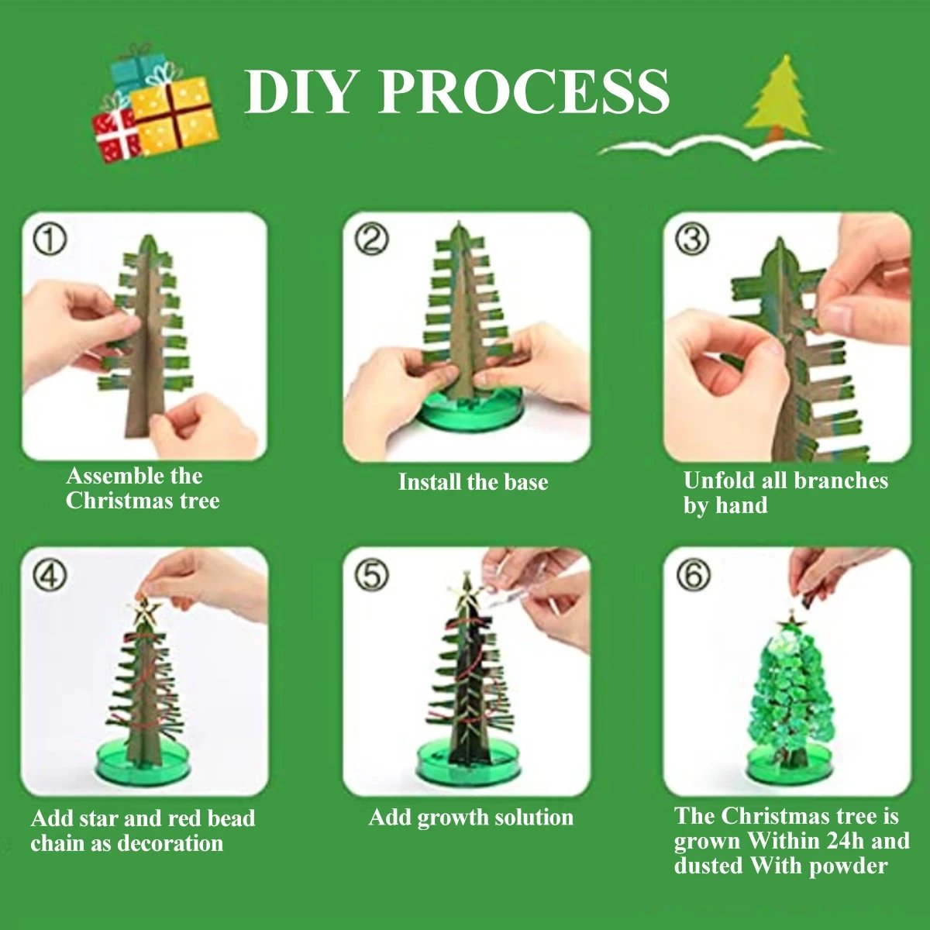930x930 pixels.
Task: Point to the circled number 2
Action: pos(372,239)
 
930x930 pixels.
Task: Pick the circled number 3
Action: pos(691,240)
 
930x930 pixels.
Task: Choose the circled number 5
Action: pos(372,576)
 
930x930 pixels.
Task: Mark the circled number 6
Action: pos(692,576)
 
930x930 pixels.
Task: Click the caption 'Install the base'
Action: pos(473,482)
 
